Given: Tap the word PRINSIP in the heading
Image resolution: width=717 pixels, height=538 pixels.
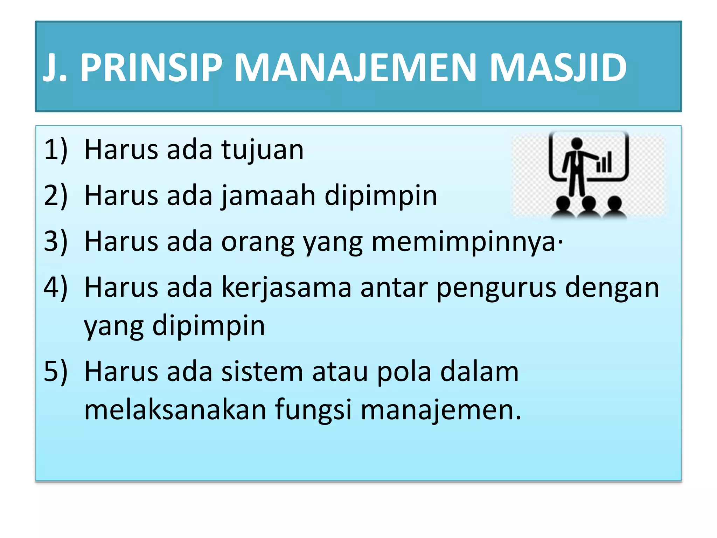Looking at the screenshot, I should pyautogui.click(x=151, y=68).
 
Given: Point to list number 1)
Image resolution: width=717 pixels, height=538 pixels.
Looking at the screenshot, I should pyautogui.click(x=56, y=150).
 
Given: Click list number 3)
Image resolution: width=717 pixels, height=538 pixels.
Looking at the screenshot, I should pyautogui.click(x=56, y=242).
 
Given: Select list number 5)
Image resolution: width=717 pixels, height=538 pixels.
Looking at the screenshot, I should pyautogui.click(x=56, y=372).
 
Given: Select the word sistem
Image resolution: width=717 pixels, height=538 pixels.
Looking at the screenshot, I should pyautogui.click(x=262, y=372).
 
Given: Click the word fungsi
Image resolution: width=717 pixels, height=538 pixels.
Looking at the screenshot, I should pyautogui.click(x=313, y=411).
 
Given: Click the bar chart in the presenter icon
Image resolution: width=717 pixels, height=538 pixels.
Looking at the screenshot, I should pyautogui.click(x=604, y=163).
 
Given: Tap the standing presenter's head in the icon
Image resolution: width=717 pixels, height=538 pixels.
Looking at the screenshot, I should pyautogui.click(x=577, y=143).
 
